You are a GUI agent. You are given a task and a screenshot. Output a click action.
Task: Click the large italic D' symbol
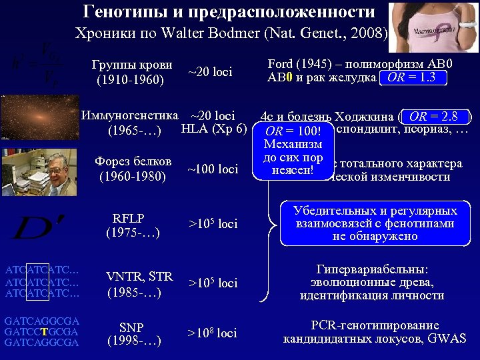[x=31, y=227]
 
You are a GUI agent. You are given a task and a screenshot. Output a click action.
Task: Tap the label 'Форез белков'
[x=133, y=162]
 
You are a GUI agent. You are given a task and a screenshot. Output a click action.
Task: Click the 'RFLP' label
[x=129, y=218]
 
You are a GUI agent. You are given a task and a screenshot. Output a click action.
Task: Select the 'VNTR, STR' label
[x=140, y=277]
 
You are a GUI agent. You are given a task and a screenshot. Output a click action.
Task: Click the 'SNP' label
[x=131, y=327]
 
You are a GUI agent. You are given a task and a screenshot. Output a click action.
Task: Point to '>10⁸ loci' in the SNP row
[x=212, y=333]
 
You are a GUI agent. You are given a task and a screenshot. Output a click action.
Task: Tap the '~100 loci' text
[x=213, y=169]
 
